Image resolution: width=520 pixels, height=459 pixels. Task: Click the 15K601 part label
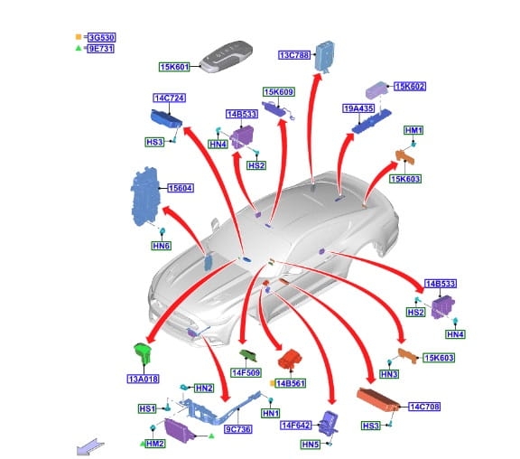pyautogui.click(x=174, y=67)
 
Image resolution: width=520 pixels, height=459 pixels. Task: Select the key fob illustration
pyautogui.click(x=227, y=56)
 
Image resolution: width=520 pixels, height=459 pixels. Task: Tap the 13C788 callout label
pyautogui.click(x=294, y=55)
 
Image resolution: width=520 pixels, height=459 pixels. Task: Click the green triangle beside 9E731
pyautogui.click(x=79, y=48)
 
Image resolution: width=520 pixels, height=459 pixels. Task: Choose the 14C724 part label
pyautogui.click(x=169, y=98)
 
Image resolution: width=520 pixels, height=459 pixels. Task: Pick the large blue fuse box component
pyautogui.click(x=145, y=196)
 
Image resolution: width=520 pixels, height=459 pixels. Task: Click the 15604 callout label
pyautogui.click(x=181, y=188)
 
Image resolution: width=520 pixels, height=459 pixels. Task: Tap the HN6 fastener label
pyautogui.click(x=162, y=246)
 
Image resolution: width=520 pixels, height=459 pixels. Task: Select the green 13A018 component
pyautogui.click(x=143, y=353)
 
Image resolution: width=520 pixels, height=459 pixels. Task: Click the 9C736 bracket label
pyautogui.click(x=238, y=429)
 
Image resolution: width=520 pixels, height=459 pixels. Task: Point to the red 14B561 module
pyautogui.click(x=290, y=359)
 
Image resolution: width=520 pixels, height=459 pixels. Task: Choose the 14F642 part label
pyautogui.click(x=296, y=426)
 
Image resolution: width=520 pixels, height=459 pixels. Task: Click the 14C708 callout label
pyautogui.click(x=424, y=407)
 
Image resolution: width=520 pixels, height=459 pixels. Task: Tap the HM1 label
pyautogui.click(x=413, y=130)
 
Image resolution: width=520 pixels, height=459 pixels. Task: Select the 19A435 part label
pyautogui.click(x=358, y=108)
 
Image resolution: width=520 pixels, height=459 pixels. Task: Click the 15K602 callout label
pyautogui.click(x=410, y=87)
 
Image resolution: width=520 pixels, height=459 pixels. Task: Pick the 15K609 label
pyautogui.click(x=279, y=92)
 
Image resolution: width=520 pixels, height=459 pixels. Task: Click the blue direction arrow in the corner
pyautogui.click(x=90, y=446)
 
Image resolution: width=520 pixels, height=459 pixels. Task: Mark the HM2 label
pyautogui.click(x=155, y=444)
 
